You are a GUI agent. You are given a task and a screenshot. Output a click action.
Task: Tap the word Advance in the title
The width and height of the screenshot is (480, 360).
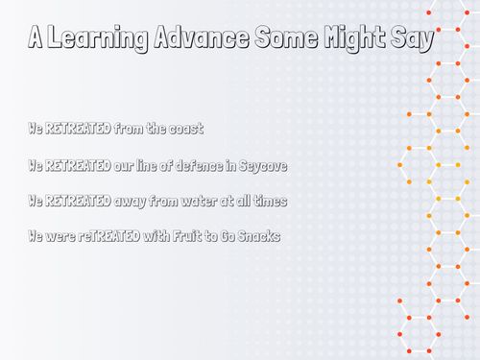pos(185,39)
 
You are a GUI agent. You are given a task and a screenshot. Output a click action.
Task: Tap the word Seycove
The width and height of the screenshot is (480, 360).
pos(260,165)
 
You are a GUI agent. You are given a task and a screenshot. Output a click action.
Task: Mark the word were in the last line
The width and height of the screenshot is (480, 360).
pos(56,236)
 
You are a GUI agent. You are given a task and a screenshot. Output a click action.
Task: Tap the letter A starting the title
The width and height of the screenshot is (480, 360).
pos(35,39)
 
